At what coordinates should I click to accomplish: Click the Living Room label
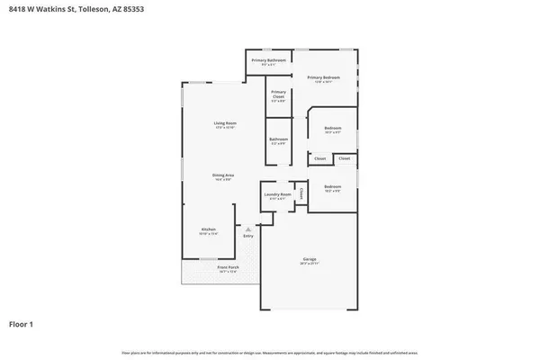(224, 122)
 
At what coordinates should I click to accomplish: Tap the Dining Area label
(223, 175)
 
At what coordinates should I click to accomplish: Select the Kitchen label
(208, 229)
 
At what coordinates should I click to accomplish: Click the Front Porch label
(202, 267)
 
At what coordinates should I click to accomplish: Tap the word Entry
(248, 236)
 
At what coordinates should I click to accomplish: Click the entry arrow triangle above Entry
(248, 229)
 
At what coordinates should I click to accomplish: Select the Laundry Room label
(277, 194)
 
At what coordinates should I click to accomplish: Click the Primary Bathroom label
(268, 60)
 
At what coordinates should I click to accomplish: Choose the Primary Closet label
(278, 94)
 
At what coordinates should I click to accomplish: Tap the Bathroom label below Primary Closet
(278, 139)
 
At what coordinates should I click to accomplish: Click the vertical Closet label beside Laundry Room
(302, 193)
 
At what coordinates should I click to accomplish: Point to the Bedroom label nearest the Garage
(332, 187)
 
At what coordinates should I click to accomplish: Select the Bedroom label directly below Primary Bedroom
(333, 129)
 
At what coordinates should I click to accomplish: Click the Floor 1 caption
(22, 322)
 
